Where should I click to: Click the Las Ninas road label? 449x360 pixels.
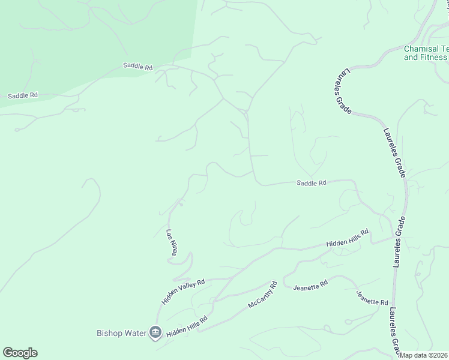pyautogui.click(x=171, y=242)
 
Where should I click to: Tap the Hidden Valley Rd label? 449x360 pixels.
pyautogui.click(x=183, y=290)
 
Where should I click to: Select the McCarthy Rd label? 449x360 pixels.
pyautogui.click(x=263, y=295)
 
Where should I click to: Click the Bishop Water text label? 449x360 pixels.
pyautogui.click(x=122, y=332)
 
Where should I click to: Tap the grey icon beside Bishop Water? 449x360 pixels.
pyautogui.click(x=156, y=332)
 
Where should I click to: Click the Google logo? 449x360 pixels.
pyautogui.click(x=20, y=353)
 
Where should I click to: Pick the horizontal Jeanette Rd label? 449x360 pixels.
pyautogui.click(x=310, y=287)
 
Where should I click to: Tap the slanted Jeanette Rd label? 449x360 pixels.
pyautogui.click(x=372, y=298)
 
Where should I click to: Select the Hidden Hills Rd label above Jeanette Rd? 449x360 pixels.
pyautogui.click(x=347, y=238)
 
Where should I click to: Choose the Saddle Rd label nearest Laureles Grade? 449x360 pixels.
pyautogui.click(x=311, y=183)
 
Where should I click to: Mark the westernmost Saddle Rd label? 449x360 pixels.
pyautogui.click(x=23, y=95)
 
